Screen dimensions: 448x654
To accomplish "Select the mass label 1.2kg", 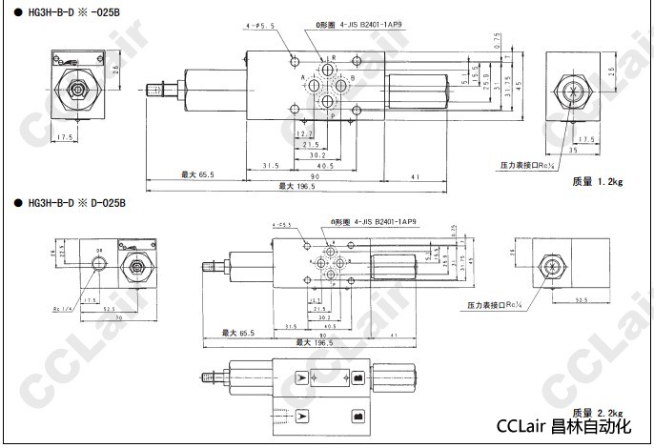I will (597, 181).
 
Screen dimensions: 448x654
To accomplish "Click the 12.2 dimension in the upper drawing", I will (303, 134).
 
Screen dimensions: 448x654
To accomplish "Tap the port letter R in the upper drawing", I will (332, 58).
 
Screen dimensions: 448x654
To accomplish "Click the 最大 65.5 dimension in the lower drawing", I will (238, 333).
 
